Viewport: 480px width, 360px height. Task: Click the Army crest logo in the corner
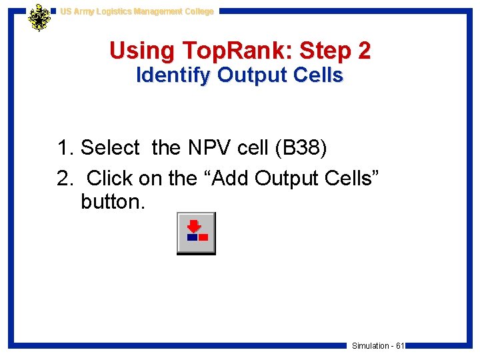click(x=39, y=17)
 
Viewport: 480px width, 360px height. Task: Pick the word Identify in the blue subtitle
click(x=173, y=76)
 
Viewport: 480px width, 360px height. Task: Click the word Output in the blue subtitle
click(x=248, y=76)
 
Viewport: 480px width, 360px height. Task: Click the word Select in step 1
click(x=110, y=148)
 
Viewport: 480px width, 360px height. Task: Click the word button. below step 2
click(x=112, y=202)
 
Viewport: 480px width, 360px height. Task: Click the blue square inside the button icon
click(x=192, y=237)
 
